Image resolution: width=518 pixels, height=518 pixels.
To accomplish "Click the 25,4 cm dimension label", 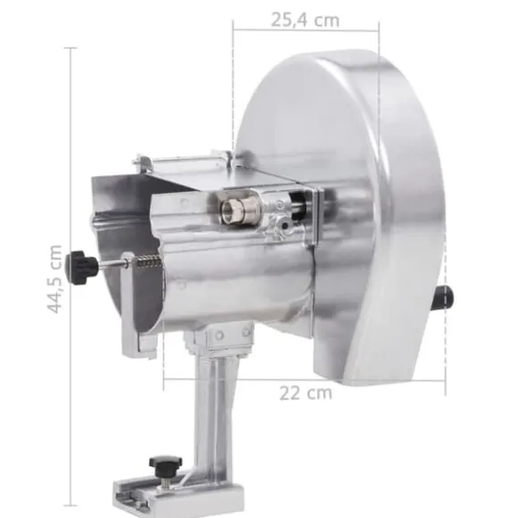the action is (305, 21).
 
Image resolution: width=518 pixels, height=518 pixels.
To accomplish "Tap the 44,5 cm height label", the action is (54, 280).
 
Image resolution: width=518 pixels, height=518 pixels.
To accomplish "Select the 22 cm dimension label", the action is (305, 393).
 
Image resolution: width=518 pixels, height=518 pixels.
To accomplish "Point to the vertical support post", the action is (214, 410).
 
